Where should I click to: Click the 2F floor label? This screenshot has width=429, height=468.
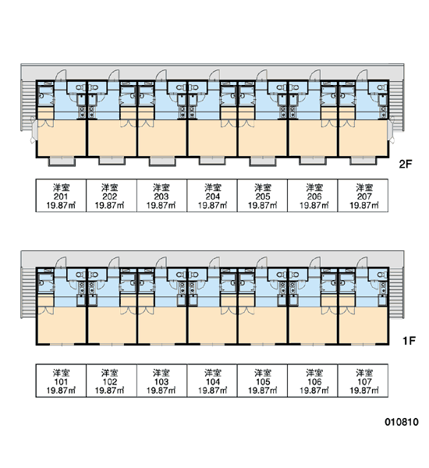click(406, 164)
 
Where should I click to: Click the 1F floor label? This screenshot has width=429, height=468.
click(409, 340)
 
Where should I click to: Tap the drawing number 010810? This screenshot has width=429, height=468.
click(402, 422)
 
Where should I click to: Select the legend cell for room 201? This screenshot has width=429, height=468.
click(61, 196)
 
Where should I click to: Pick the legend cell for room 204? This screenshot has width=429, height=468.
click(212, 196)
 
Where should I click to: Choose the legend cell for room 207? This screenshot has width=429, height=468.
click(363, 196)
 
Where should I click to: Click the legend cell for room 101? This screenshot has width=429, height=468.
click(61, 381)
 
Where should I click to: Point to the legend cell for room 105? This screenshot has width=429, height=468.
click(262, 381)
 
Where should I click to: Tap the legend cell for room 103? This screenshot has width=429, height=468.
click(161, 381)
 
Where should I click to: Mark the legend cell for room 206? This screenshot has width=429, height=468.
click(313, 196)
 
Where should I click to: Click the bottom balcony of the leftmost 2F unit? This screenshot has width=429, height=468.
click(62, 161)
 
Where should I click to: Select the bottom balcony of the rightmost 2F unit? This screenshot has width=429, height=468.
click(363, 161)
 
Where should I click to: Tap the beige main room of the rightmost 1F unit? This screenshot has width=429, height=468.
click(363, 325)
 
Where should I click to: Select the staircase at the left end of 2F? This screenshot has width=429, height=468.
click(28, 105)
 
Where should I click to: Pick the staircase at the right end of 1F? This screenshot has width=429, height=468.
click(396, 293)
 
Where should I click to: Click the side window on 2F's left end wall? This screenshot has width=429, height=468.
click(34, 130)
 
